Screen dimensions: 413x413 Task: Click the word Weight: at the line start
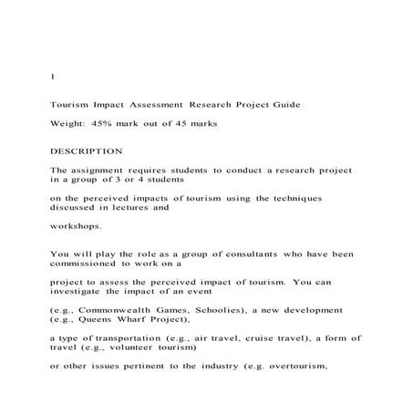point(67,122)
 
